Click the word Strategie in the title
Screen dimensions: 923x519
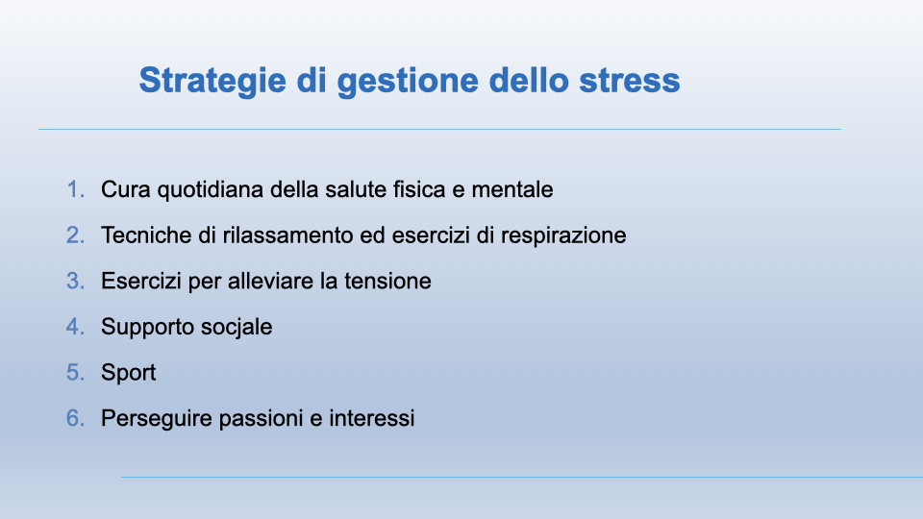point(212,81)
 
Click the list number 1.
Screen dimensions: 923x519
point(75,189)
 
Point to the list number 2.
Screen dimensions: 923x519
point(75,235)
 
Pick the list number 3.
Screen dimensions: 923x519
point(75,282)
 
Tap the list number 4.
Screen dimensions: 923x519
point(75,327)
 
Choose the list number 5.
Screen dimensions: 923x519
point(75,373)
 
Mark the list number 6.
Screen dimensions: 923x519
point(75,418)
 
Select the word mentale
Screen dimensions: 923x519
point(512,189)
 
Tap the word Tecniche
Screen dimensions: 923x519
point(146,235)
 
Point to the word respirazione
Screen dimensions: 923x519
point(563,236)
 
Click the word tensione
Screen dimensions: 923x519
point(387,282)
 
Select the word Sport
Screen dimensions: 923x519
point(128,374)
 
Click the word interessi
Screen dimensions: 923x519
point(371,418)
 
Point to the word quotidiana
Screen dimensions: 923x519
point(211,190)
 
